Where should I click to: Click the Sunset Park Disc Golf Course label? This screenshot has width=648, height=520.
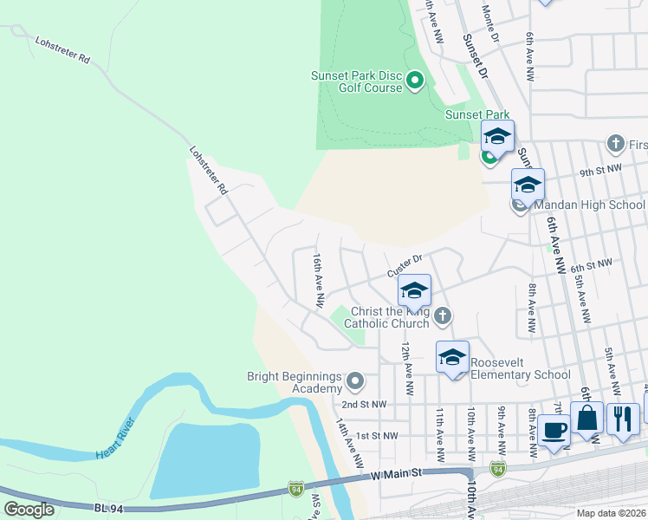coord(357,81)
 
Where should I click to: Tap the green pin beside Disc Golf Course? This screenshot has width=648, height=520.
coord(414,81)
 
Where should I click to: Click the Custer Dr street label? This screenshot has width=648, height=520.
coord(404,259)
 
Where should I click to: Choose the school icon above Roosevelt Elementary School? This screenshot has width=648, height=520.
coord(452,357)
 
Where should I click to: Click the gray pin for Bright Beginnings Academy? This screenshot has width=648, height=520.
coord(354,380)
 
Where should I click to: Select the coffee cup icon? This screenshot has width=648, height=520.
coord(554,431)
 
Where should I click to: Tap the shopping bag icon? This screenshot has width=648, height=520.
coord(586,419)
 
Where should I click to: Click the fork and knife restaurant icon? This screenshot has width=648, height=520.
coord(623,419)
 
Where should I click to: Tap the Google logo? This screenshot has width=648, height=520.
coord(29,510)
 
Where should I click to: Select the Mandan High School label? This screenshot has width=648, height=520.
coord(589,205)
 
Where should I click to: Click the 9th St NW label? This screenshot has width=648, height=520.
coord(601,170)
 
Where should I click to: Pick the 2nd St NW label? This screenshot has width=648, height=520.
coord(362,405)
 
